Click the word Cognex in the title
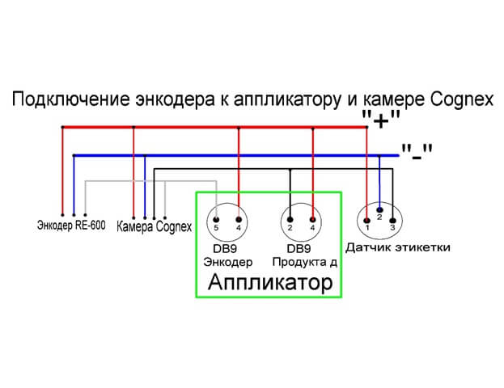pos(461,99)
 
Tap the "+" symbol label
pos(381,120)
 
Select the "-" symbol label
pos(417,152)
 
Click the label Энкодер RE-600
pos(71,226)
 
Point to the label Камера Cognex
pos(154,227)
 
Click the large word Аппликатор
pos(270,282)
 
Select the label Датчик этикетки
pos(397,247)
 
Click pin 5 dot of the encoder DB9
pos(216,220)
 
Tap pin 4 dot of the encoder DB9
pos(239,220)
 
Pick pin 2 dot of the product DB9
pos(290,220)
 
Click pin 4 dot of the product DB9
pos(312,220)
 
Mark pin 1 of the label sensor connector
pos(366,221)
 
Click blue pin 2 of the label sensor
pos(379,210)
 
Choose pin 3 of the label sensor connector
pos(392,221)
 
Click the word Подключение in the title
pos(71,99)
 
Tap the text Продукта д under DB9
pos(304,262)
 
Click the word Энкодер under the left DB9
pos(228,262)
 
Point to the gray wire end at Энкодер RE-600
pos(85,214)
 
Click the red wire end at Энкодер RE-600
pos(62,214)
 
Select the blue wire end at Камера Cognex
pos(145,217)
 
